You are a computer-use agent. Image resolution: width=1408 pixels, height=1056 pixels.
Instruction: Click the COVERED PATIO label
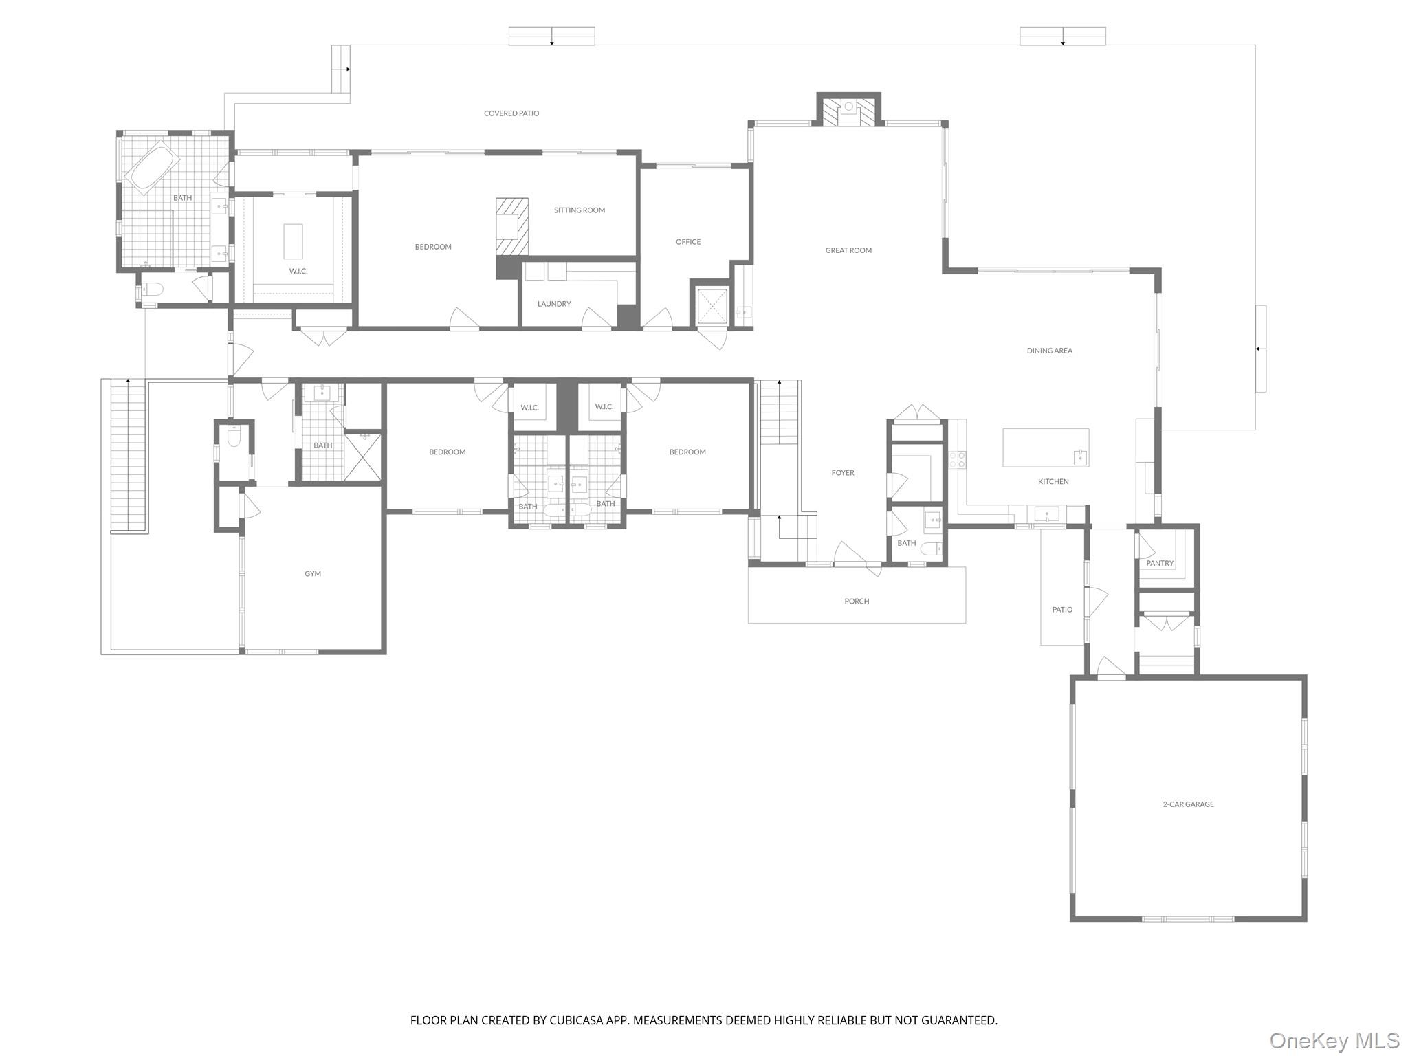[x=511, y=113]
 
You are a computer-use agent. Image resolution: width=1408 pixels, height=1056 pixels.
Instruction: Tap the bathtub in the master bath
[x=154, y=168]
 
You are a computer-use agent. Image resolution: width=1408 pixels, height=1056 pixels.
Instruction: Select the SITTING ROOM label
[x=579, y=210]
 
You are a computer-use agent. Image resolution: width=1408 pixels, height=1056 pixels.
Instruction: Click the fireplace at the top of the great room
[x=848, y=110]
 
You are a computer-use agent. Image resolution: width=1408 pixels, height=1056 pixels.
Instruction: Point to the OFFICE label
[x=687, y=242]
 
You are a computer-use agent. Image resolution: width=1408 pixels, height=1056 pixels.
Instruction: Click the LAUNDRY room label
[x=553, y=304]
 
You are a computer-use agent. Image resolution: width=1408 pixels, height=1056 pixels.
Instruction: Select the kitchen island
[x=1045, y=448]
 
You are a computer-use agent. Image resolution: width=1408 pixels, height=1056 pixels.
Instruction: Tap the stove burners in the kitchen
[x=957, y=460]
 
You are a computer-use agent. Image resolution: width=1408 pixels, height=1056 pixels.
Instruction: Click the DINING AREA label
[x=1049, y=351]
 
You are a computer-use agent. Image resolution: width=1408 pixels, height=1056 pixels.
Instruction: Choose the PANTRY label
[x=1159, y=564]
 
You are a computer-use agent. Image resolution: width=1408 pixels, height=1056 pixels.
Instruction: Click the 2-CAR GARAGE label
[x=1188, y=804]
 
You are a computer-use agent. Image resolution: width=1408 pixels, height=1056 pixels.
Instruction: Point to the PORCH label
[x=857, y=602]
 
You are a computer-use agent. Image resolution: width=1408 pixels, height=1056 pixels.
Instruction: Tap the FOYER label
[x=842, y=473]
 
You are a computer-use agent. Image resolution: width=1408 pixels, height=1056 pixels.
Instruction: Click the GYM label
[x=313, y=574]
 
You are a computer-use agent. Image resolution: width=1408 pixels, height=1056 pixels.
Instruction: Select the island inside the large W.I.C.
[x=293, y=241]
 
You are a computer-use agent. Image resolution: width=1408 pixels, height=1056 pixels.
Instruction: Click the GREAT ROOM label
[x=848, y=250]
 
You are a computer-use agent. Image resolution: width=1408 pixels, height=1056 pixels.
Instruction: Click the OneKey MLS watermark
[x=1334, y=1040]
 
